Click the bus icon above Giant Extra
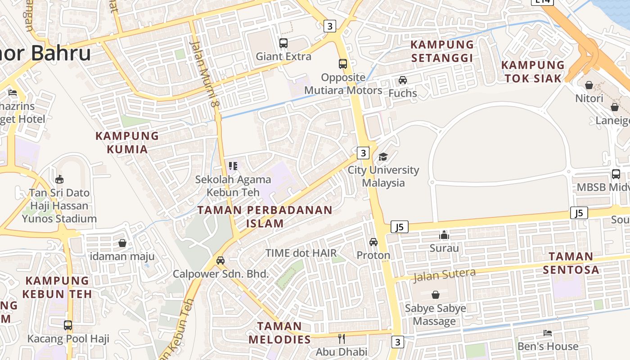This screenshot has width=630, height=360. coord(283,43)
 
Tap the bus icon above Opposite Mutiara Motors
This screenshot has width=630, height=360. coord(343,64)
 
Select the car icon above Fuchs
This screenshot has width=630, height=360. coord(403,80)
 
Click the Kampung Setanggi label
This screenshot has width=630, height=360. coord(442,51)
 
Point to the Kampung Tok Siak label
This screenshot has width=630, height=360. coord(533,72)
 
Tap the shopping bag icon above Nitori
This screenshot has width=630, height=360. coord(589,85)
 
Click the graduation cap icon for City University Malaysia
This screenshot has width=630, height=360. coord(383,157)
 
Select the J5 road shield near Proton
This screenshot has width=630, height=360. coord(400,227)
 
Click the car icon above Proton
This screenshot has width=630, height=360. coord(373,242)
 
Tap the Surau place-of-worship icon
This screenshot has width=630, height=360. coord(444,235)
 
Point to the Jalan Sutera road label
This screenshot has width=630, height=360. coord(444,274)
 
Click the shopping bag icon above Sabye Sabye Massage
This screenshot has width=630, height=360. coord(435,295)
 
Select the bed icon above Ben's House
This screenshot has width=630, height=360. coord(548,333)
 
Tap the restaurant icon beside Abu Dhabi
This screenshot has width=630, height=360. coord(342,338)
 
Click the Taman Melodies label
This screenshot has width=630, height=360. coord(279,332)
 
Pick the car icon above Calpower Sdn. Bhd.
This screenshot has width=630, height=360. coord(220,261)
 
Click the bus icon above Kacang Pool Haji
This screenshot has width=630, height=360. coord(68,325)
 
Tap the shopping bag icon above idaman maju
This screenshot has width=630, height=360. coord(122,243)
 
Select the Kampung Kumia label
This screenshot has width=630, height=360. coord(127,142)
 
